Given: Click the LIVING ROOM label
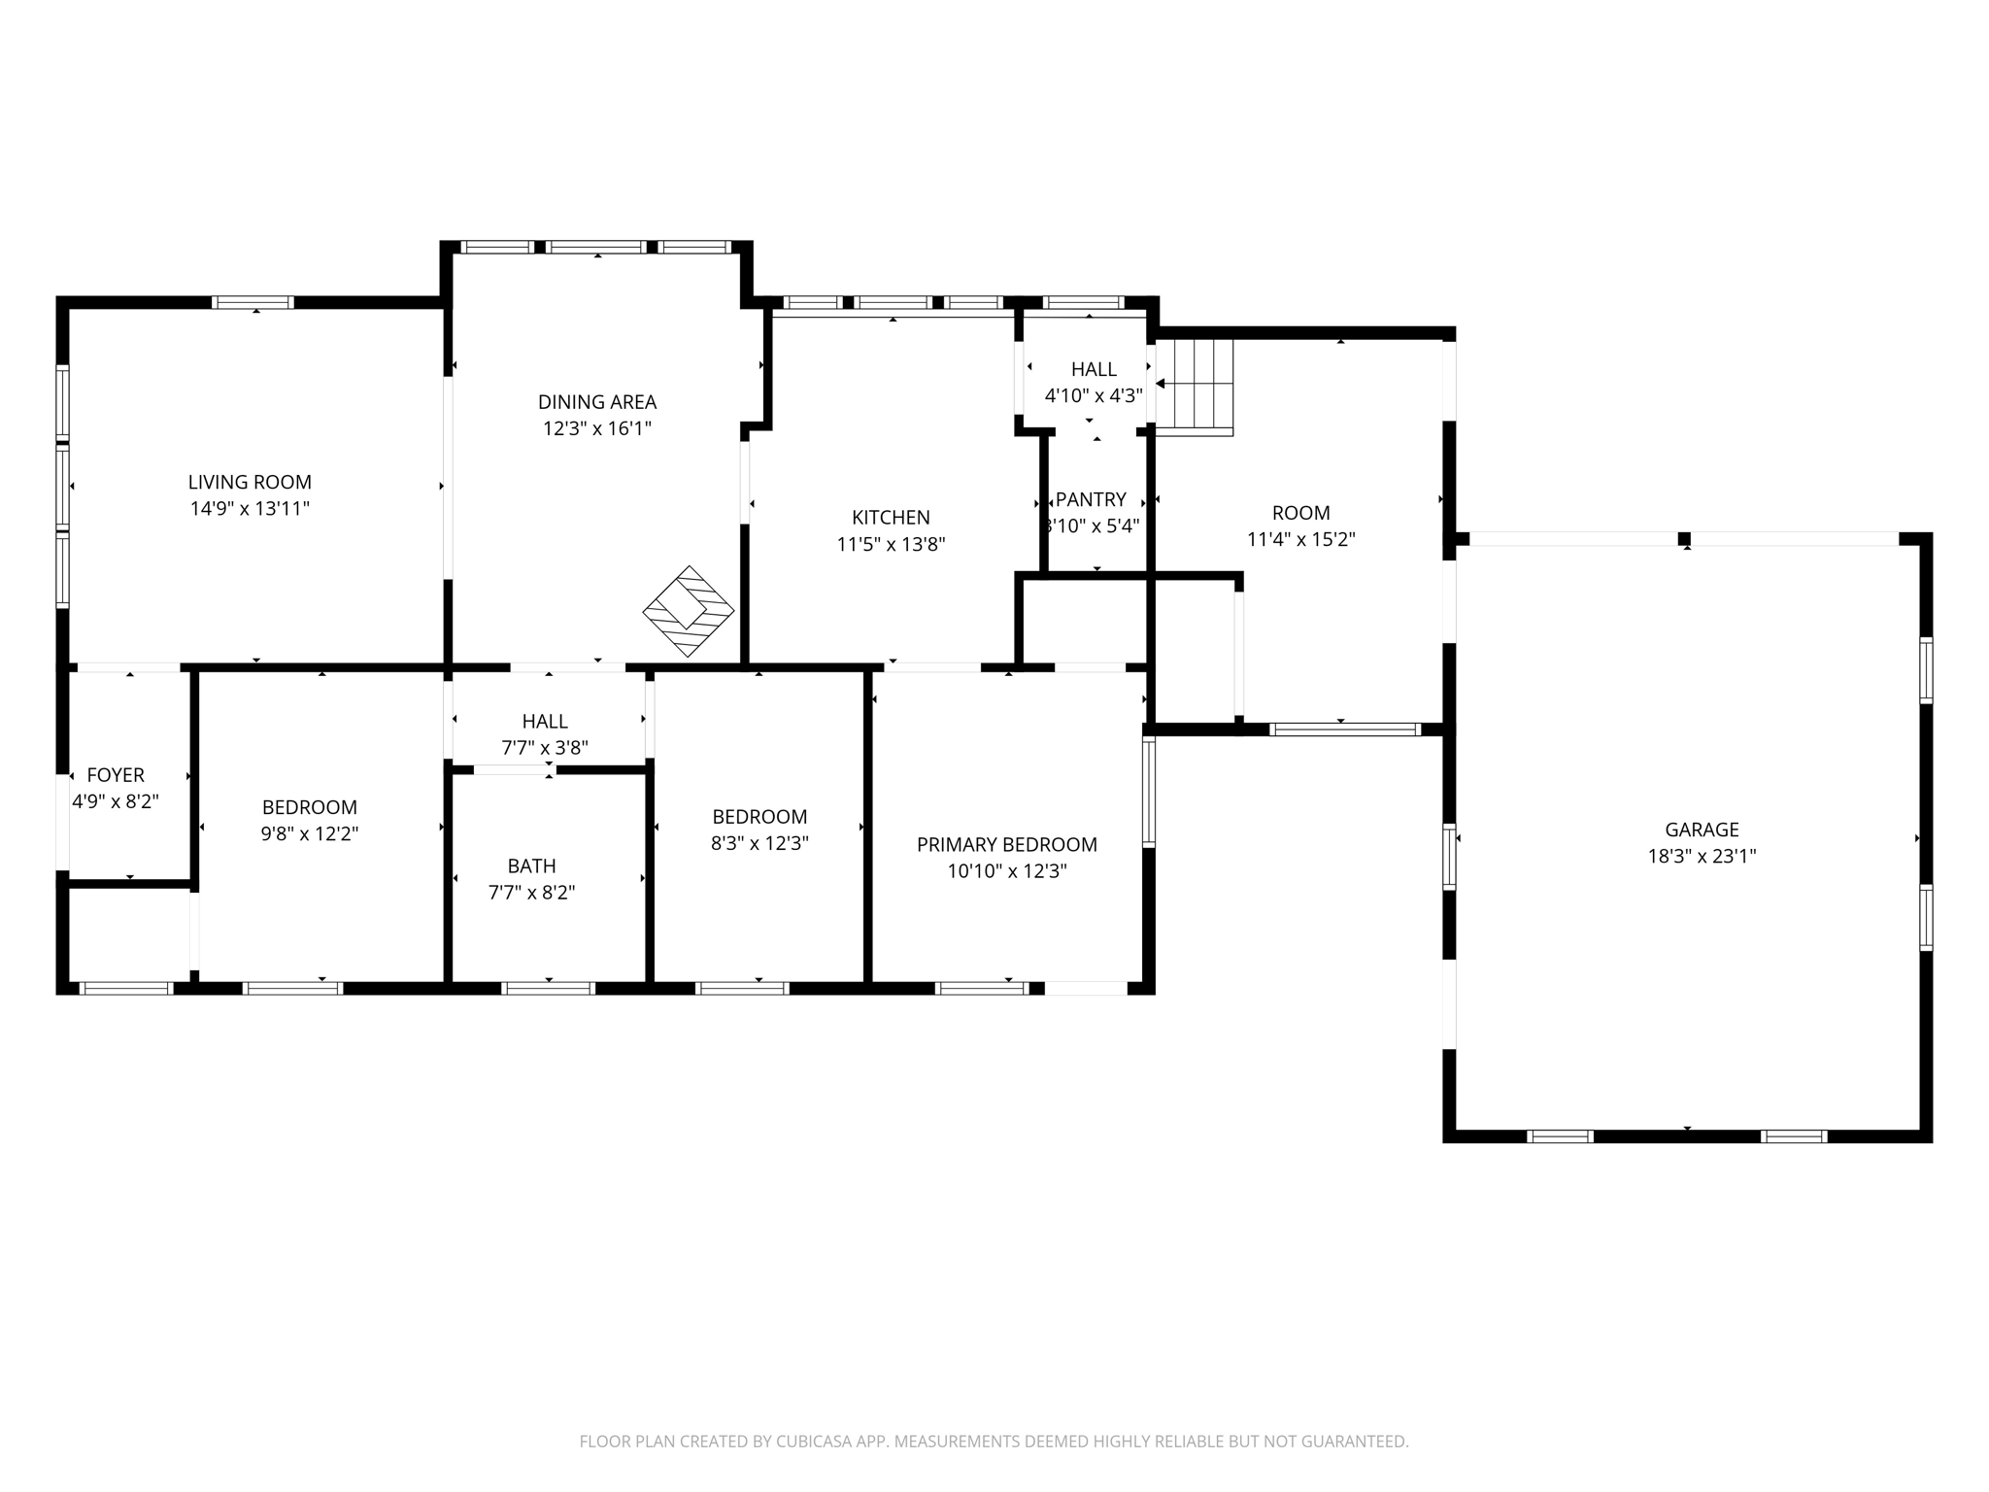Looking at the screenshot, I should coord(250,482).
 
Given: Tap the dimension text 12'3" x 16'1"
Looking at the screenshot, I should coord(596,428).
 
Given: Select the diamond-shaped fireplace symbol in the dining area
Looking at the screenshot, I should coord(689,611).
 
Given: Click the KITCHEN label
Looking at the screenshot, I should coord(891,518).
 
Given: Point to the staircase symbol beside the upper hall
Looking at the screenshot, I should coord(1196,387).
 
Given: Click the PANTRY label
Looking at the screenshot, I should coord(1091,499).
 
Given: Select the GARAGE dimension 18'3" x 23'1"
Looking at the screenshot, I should coord(1702,856).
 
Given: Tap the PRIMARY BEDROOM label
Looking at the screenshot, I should coord(1006,845).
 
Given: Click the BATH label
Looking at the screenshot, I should coord(531,865).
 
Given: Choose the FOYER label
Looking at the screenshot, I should coord(116,775).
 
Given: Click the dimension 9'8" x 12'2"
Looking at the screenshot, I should coord(309,833).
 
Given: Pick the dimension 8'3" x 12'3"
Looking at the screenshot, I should coord(759,843).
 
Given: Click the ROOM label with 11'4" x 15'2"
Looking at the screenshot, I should coord(1300,513).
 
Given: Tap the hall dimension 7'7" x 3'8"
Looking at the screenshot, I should coord(544,748).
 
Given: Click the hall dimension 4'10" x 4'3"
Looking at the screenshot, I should coord(1093,395).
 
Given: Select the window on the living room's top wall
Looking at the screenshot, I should coord(253,302).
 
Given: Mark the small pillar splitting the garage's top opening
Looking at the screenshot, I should coord(1684,539).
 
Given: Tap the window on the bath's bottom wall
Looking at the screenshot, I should coord(548,988).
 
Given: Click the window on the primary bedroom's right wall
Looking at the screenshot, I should coord(1149,791).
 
